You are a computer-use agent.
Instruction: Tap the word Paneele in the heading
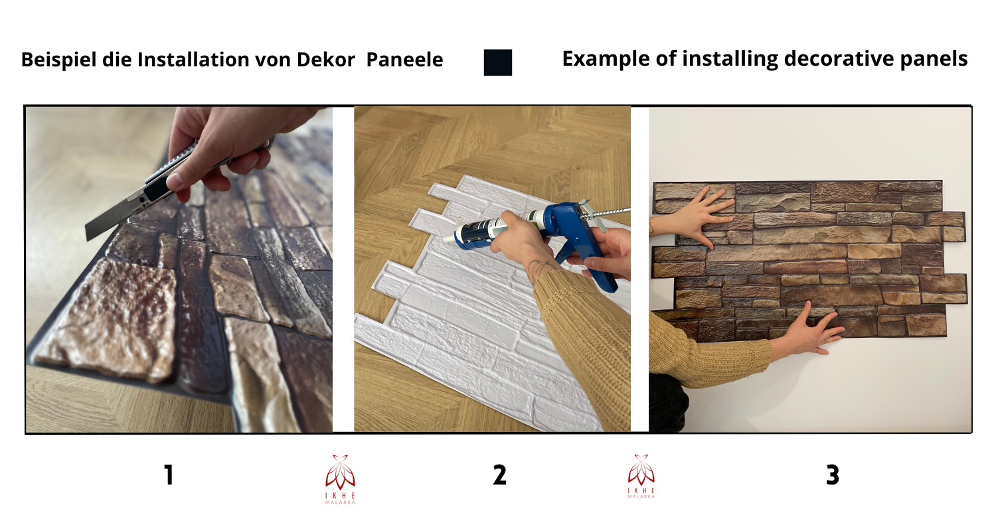[404, 60]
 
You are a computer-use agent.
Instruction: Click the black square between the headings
[497, 62]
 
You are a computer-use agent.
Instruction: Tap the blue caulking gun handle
[598, 265]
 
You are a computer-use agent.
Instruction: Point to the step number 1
[169, 475]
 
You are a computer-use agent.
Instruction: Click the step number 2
[499, 475]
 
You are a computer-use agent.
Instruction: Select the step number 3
[832, 475]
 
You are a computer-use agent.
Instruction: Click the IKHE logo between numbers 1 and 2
[340, 478]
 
